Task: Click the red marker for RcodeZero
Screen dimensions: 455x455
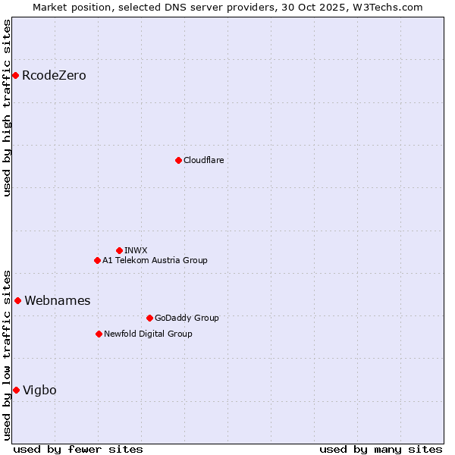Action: (x=15, y=75)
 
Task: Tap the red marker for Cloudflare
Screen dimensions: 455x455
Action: (x=178, y=160)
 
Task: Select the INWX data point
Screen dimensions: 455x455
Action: (x=119, y=250)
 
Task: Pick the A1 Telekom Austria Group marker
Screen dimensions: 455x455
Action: (x=97, y=260)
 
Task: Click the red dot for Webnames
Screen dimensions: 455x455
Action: (x=17, y=300)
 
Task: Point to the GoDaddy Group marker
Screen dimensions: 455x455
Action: (x=149, y=318)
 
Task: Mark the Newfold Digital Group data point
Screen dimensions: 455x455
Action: (x=99, y=334)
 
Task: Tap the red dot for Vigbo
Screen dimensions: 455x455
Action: (x=16, y=390)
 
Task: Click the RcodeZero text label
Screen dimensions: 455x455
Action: (x=54, y=75)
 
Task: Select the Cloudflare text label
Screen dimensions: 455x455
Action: (x=203, y=160)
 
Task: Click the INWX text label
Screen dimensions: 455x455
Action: (x=136, y=250)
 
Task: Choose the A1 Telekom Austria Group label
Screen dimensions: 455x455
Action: (x=155, y=260)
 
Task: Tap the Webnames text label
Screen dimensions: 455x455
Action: (x=57, y=300)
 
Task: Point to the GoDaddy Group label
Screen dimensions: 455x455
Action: (x=187, y=318)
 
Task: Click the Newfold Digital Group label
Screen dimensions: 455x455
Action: (x=148, y=334)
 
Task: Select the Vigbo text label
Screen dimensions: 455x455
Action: (x=39, y=390)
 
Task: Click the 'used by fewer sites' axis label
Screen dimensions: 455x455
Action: (x=78, y=449)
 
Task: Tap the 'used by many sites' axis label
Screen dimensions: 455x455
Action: (x=381, y=449)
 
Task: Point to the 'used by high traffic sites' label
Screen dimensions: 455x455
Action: (x=7, y=108)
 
